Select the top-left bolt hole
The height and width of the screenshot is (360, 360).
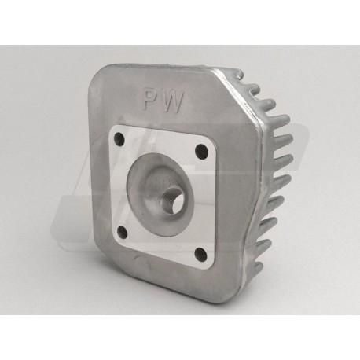click(x=119, y=137)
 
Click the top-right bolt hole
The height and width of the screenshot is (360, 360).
click(x=202, y=150)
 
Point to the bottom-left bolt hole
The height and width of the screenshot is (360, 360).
click(x=123, y=231)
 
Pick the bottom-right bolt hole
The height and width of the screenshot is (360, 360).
click(x=201, y=252)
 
